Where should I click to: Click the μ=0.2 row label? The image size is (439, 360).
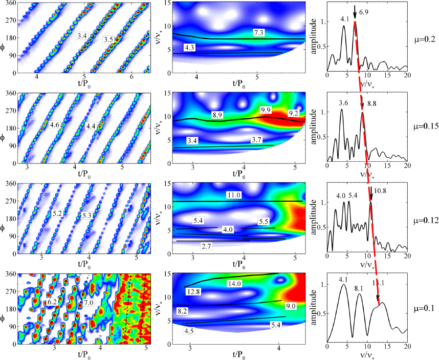425,39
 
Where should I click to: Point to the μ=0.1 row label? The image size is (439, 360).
425,309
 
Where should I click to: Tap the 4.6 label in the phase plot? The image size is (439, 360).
55,123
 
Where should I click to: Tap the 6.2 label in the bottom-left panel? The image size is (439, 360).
52,303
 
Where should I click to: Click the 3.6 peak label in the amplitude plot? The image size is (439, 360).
344,103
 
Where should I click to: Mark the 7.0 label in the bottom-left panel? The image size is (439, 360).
89,303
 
